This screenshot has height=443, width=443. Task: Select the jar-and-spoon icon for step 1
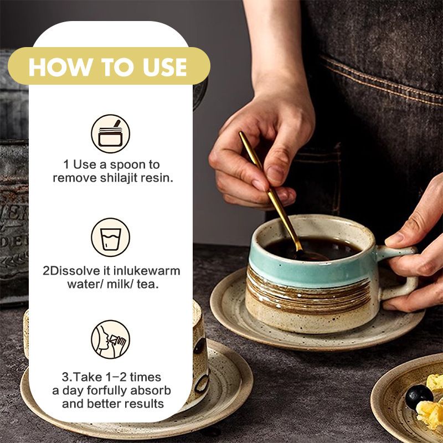click(110, 133)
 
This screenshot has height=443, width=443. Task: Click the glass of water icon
click(110, 238)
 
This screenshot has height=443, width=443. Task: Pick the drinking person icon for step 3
click(110, 339)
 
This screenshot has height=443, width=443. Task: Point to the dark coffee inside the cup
click(313, 248)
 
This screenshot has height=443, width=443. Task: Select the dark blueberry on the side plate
click(419, 396)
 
